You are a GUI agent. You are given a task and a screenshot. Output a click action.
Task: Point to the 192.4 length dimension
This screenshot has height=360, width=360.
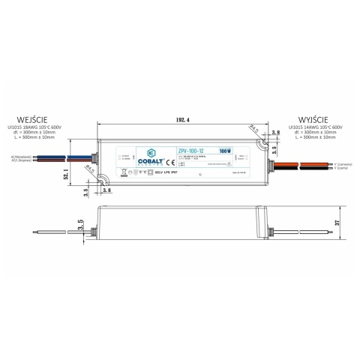tap(180, 120)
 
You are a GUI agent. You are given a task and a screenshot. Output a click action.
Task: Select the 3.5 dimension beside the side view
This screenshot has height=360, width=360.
tap(80, 223)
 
